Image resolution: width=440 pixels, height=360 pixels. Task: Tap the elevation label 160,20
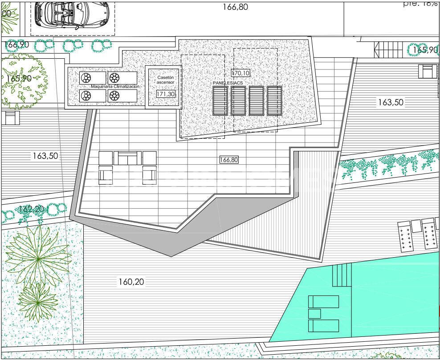tap(131, 282)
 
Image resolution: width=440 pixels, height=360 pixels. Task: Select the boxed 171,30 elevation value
tap(166, 94)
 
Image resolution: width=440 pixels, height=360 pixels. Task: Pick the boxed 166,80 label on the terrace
tap(229, 160)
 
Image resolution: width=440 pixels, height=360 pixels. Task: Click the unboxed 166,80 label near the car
tap(235, 7)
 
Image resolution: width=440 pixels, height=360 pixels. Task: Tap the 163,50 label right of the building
tap(391, 102)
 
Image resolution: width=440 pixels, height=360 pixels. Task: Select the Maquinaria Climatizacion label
tap(115, 87)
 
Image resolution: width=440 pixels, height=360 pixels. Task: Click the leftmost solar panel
tap(220, 101)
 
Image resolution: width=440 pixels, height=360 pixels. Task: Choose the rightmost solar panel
tap(274, 101)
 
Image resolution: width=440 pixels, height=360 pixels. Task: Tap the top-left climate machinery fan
tap(86, 78)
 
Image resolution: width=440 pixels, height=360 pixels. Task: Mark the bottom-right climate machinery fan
tap(114, 96)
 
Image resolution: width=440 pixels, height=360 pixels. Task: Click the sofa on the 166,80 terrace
tap(127, 158)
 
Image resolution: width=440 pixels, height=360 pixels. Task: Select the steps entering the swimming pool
tap(342, 275)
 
